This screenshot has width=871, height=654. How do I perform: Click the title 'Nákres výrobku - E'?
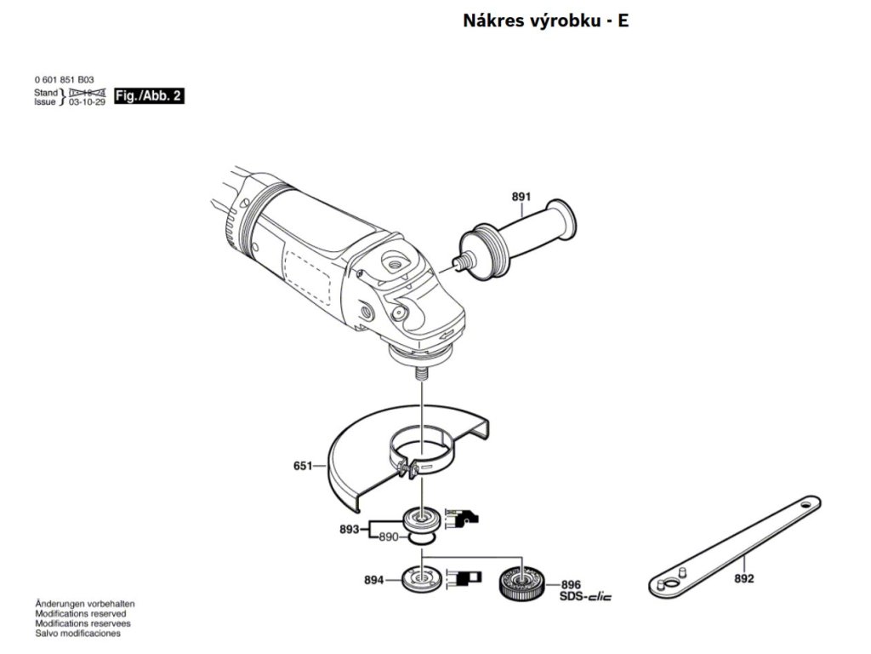[x=545, y=20]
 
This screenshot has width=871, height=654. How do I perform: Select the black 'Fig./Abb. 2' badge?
[x=148, y=96]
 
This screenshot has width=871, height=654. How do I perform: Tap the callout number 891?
[x=521, y=198]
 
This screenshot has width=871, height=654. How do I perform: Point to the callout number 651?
[x=304, y=466]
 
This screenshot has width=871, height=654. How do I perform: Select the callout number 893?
[x=350, y=529]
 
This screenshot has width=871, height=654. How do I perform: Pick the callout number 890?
[x=388, y=537]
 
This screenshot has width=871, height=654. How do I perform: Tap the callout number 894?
[x=373, y=581]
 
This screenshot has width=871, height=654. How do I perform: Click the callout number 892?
[x=744, y=579]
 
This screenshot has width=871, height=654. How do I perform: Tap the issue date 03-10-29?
[x=87, y=101]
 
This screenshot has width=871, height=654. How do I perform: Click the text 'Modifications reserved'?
[x=80, y=613]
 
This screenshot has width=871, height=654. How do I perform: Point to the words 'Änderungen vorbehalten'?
[x=84, y=603]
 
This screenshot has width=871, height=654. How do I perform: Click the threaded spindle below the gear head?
[x=420, y=370]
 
